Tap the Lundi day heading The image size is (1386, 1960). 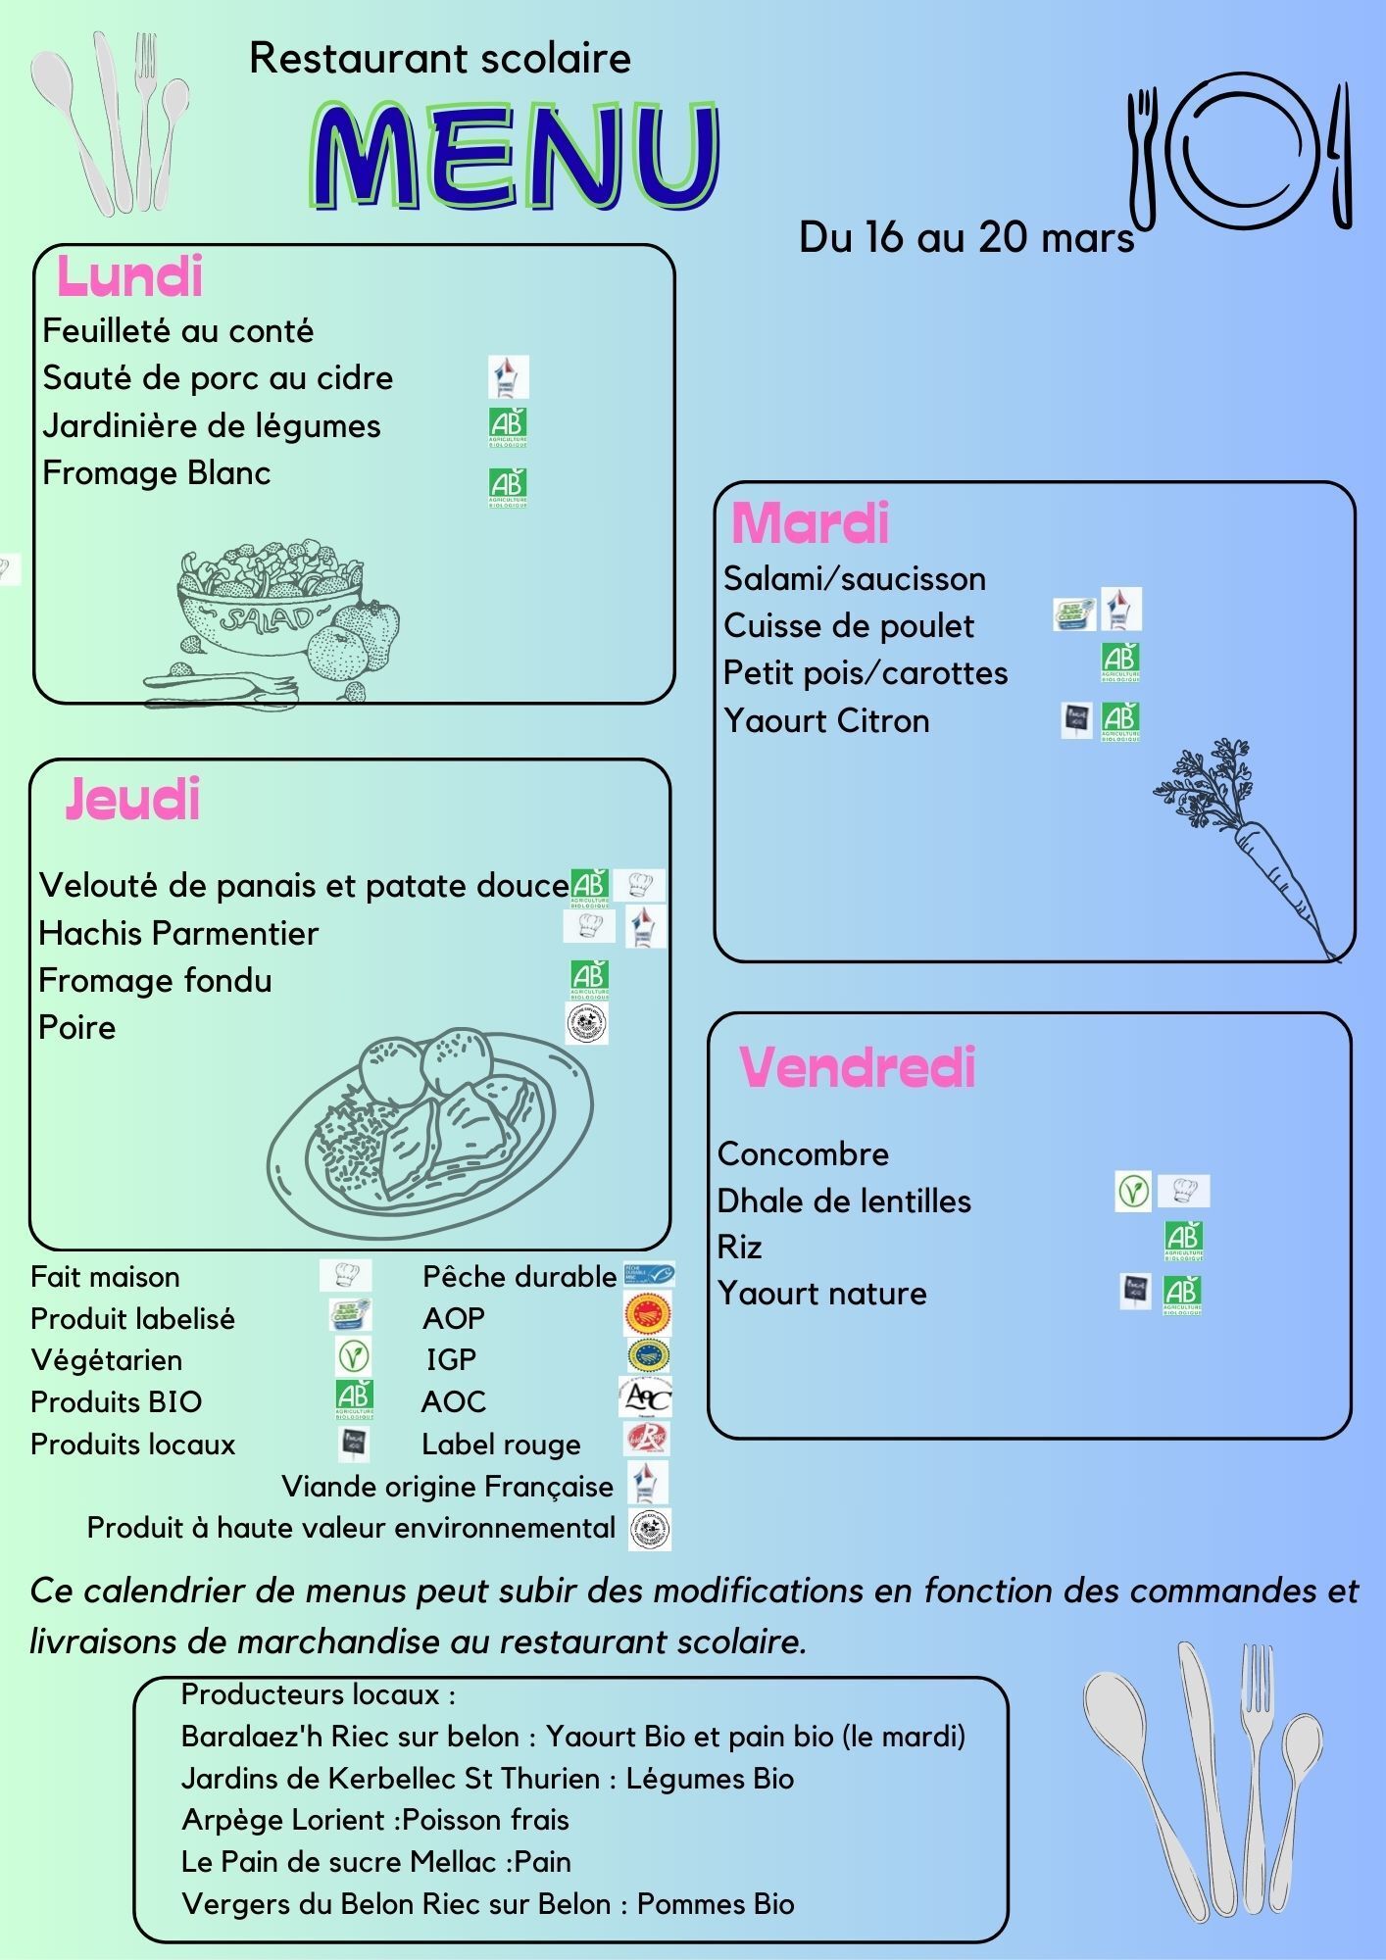(x=129, y=276)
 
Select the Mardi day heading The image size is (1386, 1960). (x=810, y=523)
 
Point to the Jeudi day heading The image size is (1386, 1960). (x=133, y=799)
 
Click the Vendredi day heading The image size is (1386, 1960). (x=857, y=1067)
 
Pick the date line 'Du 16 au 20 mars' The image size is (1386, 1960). (x=966, y=237)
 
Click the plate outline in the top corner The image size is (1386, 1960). (x=1246, y=151)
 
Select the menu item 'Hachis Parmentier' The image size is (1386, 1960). (x=178, y=933)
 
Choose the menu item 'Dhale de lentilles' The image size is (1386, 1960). (x=844, y=1200)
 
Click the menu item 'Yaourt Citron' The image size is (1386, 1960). (x=826, y=720)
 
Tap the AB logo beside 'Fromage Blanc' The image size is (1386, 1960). (x=508, y=487)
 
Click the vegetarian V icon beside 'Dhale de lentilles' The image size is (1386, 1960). (x=1132, y=1192)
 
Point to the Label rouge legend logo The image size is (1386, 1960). (x=647, y=1440)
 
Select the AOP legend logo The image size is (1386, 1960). (x=648, y=1315)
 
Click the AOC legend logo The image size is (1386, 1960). (x=645, y=1396)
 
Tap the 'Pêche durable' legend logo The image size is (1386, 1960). (x=648, y=1274)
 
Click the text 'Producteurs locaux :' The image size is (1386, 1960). (x=319, y=1694)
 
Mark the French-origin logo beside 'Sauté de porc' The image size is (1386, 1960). (x=508, y=376)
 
